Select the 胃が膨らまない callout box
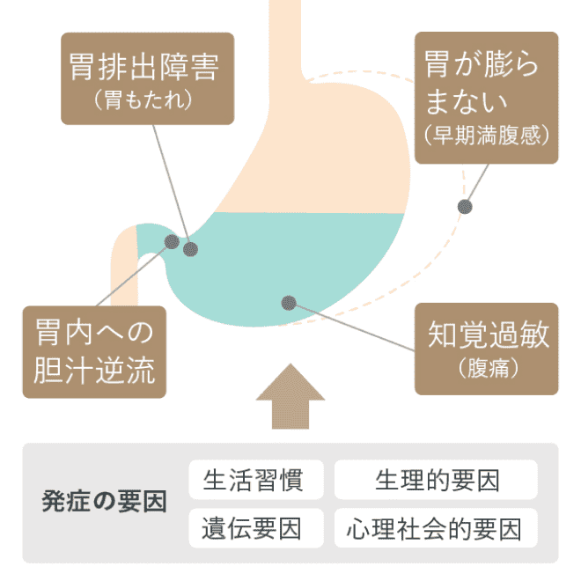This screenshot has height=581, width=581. (486, 97)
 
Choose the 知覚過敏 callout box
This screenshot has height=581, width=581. (487, 349)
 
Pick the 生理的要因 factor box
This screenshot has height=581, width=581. (437, 481)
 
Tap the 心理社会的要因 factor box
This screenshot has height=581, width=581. (437, 528)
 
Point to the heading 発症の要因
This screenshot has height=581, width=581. (104, 504)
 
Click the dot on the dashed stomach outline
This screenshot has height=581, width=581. (464, 207)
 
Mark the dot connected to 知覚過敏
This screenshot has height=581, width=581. (288, 302)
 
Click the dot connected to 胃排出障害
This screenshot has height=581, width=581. (190, 249)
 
